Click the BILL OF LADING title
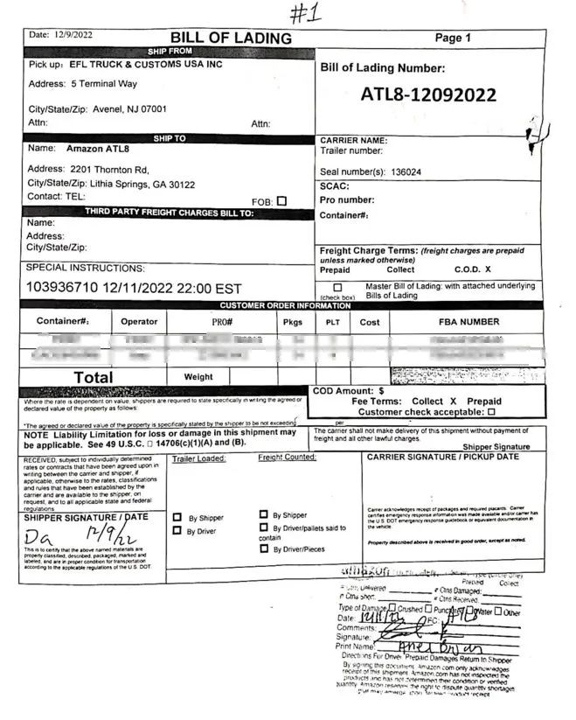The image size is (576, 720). pyautogui.click(x=231, y=38)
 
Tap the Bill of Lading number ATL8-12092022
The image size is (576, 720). pyautogui.click(x=428, y=94)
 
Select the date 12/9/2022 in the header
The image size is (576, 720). pyautogui.click(x=72, y=35)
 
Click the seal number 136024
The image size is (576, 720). pyautogui.click(x=406, y=172)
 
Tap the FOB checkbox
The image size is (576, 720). pyautogui.click(x=281, y=201)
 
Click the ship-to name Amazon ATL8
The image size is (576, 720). pyautogui.click(x=98, y=149)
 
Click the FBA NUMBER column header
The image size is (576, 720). pyautogui.click(x=468, y=322)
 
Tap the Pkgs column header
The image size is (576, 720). pyautogui.click(x=292, y=322)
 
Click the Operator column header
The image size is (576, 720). pyautogui.click(x=139, y=322)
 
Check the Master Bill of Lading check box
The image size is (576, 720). pyautogui.click(x=337, y=287)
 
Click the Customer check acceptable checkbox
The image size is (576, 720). pyautogui.click(x=491, y=411)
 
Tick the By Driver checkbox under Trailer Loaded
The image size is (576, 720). pyautogui.click(x=177, y=531)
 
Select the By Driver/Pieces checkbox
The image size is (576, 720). pyautogui.click(x=264, y=549)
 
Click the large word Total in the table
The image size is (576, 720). pyautogui.click(x=93, y=377)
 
